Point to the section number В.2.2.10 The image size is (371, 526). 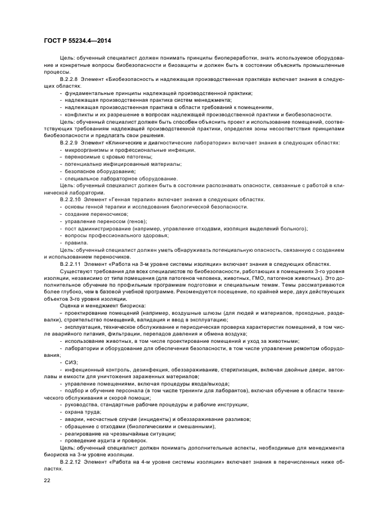pyautogui.click(x=72, y=199)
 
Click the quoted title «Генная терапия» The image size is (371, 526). pyautogui.click(x=119, y=199)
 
